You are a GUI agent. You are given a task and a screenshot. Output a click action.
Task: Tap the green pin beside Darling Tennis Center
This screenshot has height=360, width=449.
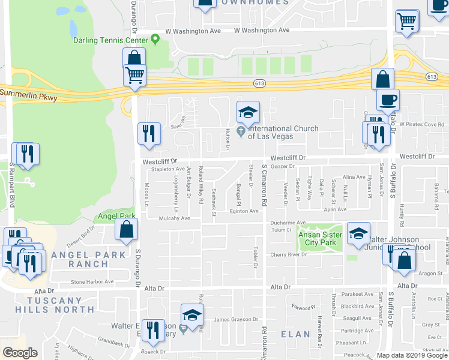(155, 40)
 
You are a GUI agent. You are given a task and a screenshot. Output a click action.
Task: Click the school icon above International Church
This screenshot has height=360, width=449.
(247, 112)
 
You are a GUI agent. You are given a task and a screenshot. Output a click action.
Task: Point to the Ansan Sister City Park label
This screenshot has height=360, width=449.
(321, 238)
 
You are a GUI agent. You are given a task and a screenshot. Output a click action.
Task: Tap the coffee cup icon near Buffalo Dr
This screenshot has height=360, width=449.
(387, 100)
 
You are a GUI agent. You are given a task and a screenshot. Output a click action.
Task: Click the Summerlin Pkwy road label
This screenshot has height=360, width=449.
(28, 94)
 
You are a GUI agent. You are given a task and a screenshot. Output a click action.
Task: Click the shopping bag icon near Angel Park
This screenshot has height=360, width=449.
(127, 230)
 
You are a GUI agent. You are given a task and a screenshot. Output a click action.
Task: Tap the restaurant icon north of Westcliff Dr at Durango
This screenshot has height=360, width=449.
(149, 133)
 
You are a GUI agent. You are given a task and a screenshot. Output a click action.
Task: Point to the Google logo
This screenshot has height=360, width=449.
(19, 352)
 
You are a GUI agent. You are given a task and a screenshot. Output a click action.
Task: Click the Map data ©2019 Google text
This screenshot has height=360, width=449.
(411, 355)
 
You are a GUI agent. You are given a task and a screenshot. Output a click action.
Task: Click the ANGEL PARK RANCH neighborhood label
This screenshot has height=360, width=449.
(80, 259)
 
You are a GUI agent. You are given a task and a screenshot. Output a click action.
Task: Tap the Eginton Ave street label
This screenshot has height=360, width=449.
(243, 211)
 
